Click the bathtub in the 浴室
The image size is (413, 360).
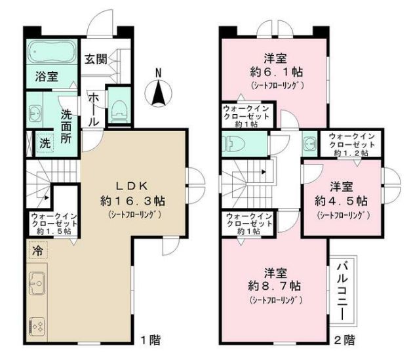coord(52,51)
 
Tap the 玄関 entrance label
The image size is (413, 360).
coord(96,59)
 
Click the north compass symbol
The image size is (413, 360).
coord(158,90)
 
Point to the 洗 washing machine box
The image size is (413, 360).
coord(45,143)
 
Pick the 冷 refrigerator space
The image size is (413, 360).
coord(37,250)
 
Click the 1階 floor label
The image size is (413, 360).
coord(150,340)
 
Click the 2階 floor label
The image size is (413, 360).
coord(344,340)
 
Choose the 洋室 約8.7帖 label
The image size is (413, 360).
coord(275,279)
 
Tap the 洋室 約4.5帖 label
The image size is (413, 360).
coord(341,194)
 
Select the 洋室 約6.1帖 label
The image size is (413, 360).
coord(276,65)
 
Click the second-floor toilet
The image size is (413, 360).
coord(233,144)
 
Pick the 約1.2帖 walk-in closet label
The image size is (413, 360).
coord(351,145)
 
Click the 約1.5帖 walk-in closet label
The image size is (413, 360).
coord(54,224)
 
